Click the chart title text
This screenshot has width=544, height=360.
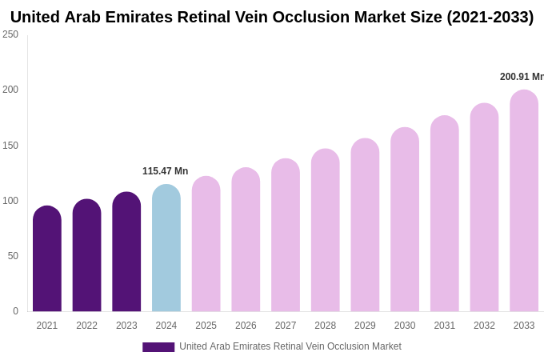[272, 17]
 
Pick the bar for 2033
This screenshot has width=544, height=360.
[524, 201]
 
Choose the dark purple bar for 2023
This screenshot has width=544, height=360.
[126, 252]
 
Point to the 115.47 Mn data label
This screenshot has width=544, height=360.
[165, 171]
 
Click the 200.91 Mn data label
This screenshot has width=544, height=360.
[522, 77]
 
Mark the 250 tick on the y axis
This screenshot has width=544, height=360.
[10, 34]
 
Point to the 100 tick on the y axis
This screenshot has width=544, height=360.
[10, 201]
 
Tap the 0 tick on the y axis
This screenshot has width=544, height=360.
[15, 311]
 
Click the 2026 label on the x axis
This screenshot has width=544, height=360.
[246, 326]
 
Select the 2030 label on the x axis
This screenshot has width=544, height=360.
[405, 326]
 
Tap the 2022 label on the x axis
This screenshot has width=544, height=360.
[86, 326]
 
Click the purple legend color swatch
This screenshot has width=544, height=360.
[158, 347]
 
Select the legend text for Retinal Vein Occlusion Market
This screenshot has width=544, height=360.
[290, 346]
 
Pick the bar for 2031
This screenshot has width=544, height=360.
[445, 214]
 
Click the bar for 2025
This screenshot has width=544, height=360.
[206, 244]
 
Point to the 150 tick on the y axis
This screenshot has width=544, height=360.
[10, 146]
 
